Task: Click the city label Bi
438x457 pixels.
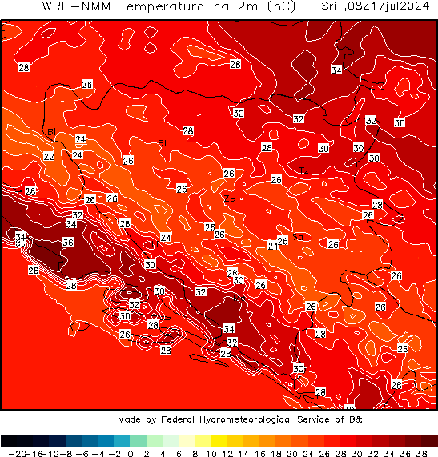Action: pyautogui.click(x=51, y=132)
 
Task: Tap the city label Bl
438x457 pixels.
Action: pyautogui.click(x=163, y=143)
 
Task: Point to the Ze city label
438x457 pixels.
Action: pyautogui.click(x=229, y=198)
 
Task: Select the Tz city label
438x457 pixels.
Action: pyautogui.click(x=303, y=171)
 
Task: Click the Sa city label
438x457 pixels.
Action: pyautogui.click(x=297, y=236)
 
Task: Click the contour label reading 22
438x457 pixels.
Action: pyautogui.click(x=49, y=157)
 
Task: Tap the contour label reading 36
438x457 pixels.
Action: pyautogui.click(x=68, y=242)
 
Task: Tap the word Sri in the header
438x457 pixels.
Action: pyautogui.click(x=328, y=6)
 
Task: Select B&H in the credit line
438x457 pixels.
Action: pyautogui.click(x=358, y=419)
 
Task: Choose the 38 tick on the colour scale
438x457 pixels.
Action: pyautogui.click(x=430, y=453)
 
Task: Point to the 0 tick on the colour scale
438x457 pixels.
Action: pyautogui.click(x=130, y=453)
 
